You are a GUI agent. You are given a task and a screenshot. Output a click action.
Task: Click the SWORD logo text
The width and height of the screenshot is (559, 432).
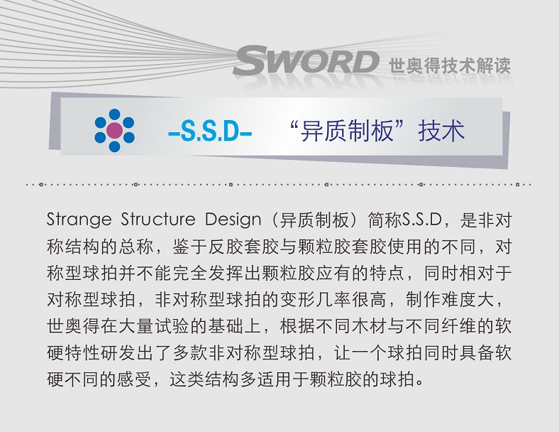306,63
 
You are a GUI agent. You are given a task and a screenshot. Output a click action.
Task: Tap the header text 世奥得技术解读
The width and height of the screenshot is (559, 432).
450,65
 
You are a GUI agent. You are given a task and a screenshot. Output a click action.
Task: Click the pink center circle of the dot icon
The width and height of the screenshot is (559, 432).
114,130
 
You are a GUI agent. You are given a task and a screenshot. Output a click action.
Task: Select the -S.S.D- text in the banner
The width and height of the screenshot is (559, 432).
210,132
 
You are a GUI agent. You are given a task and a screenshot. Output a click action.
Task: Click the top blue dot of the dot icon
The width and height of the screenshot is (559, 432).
114,114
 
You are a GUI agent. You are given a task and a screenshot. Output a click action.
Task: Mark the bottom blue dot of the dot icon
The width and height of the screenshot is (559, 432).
114,146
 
